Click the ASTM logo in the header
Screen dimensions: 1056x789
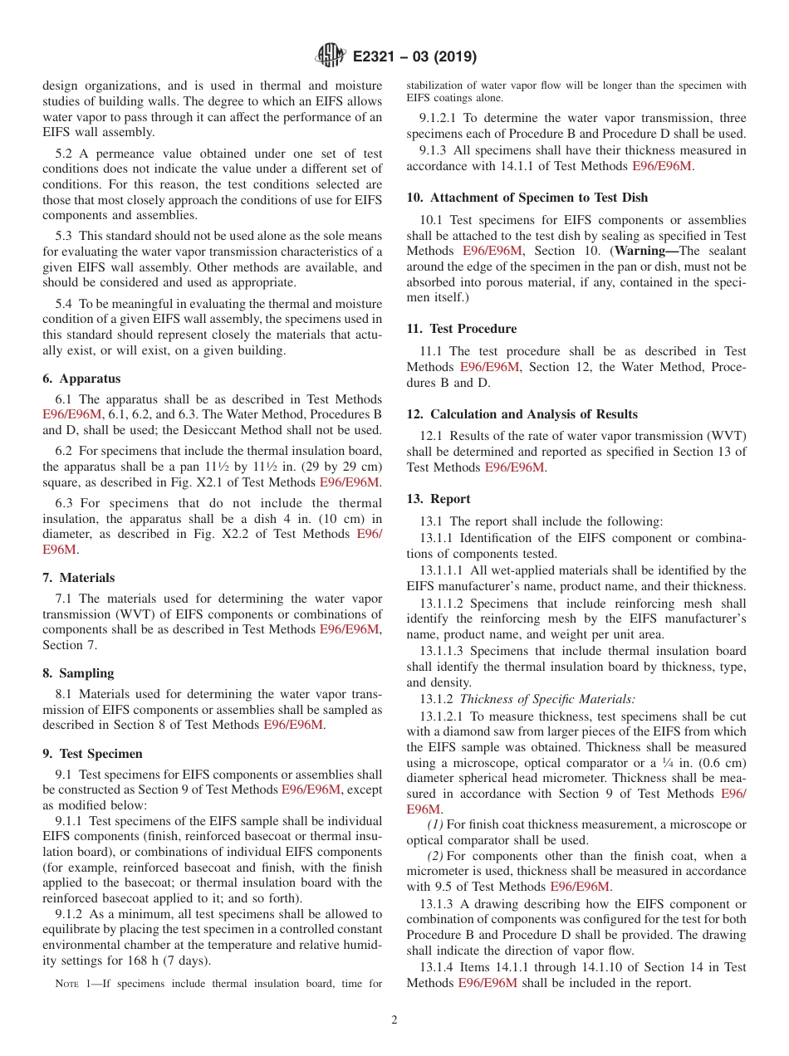(331, 56)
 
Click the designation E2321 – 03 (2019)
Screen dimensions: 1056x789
(414, 57)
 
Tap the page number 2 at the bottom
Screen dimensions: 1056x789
(394, 1020)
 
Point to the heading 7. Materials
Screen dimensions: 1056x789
(79, 578)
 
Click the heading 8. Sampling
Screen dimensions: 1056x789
(78, 673)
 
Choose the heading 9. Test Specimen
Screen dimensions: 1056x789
(92, 754)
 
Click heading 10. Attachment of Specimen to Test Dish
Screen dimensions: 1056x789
(527, 198)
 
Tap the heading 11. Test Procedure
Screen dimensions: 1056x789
(461, 329)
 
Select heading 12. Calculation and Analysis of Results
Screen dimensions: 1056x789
(522, 414)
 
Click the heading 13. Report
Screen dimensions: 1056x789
(439, 499)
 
